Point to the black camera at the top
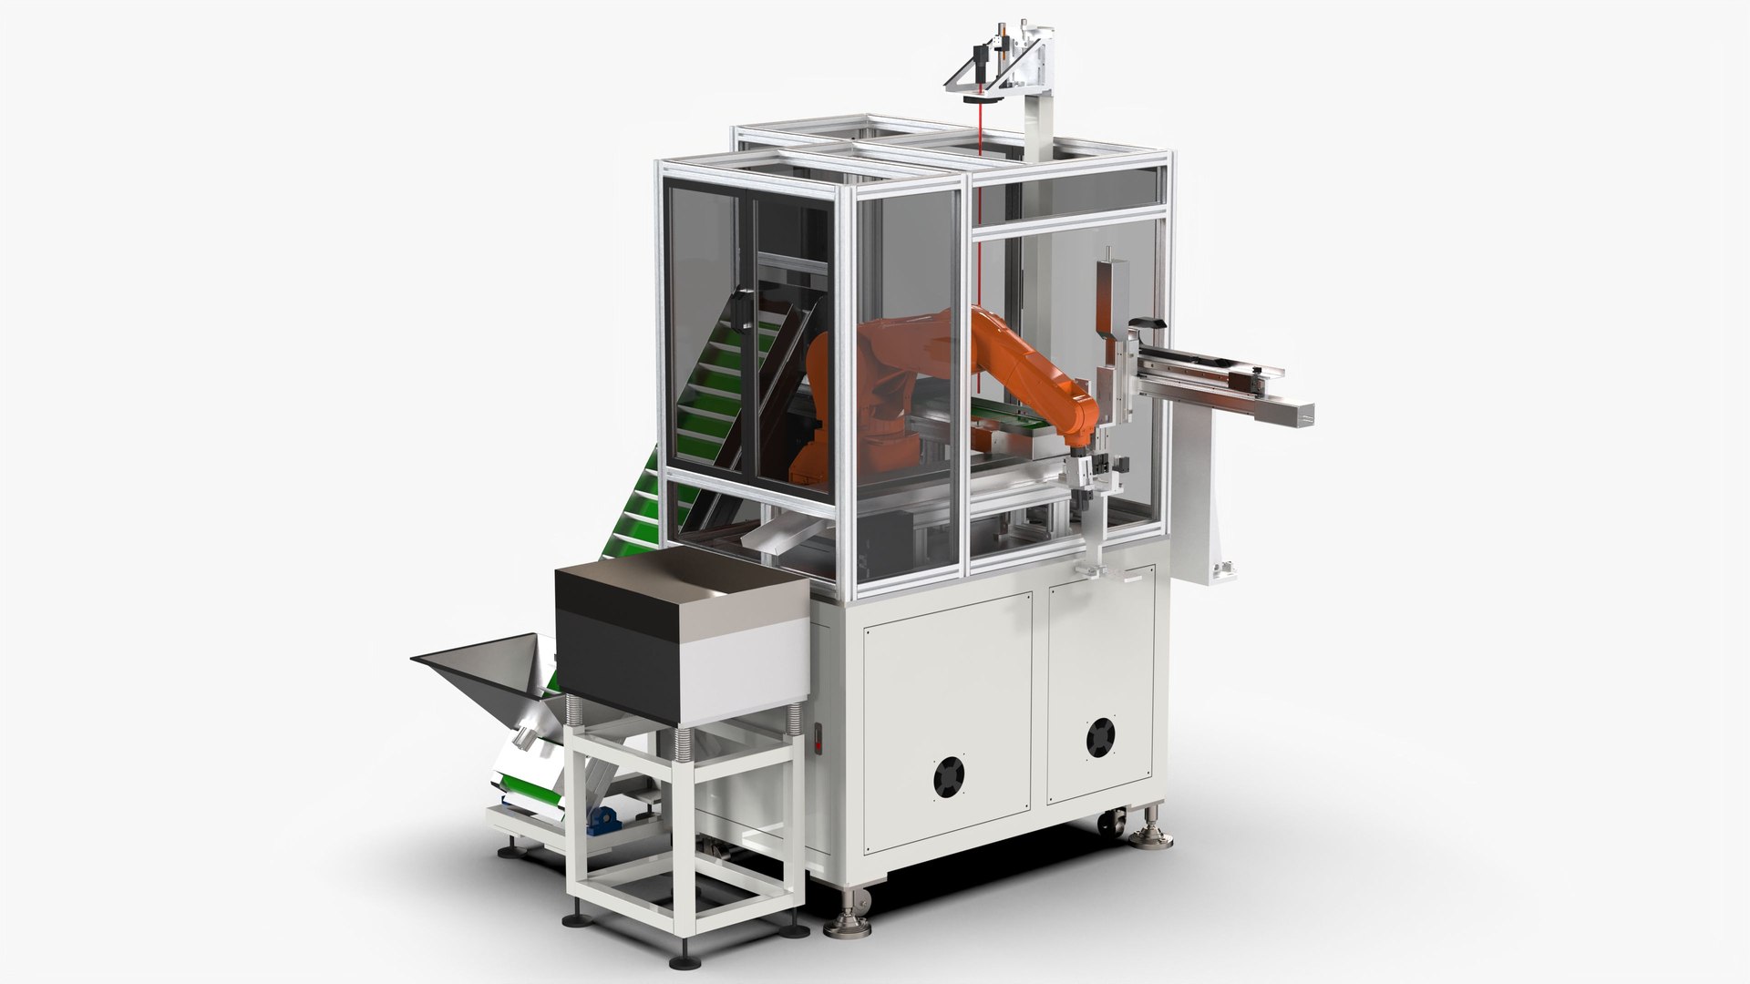(x=978, y=56)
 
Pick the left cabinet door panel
(x=948, y=711)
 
